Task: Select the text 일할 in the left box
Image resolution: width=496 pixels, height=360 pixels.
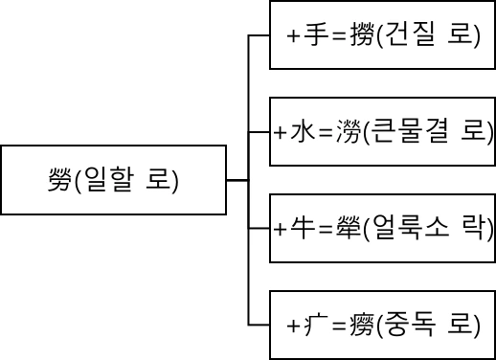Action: coord(109,180)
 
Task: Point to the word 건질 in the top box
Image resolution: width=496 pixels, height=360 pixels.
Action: coord(411,36)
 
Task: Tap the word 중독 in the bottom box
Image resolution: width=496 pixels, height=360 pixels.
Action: coord(411,324)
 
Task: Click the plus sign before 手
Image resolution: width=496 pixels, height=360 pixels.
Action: coord(294,36)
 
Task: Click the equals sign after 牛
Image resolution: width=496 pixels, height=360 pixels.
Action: coord(324,228)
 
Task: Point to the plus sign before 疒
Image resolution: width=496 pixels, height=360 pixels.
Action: coord(294,324)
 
